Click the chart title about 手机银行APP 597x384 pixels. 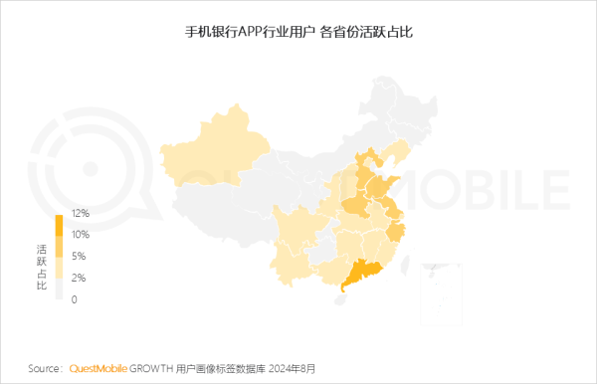tap(298, 33)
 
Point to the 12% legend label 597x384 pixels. tap(81, 213)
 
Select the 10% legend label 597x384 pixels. tap(81, 235)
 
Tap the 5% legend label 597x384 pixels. tap(79, 256)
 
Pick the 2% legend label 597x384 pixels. tap(79, 278)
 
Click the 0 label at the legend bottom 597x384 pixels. tap(75, 299)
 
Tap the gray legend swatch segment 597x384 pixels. tap(59, 288)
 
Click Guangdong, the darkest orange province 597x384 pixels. tap(363, 271)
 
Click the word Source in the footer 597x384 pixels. tap(46, 368)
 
